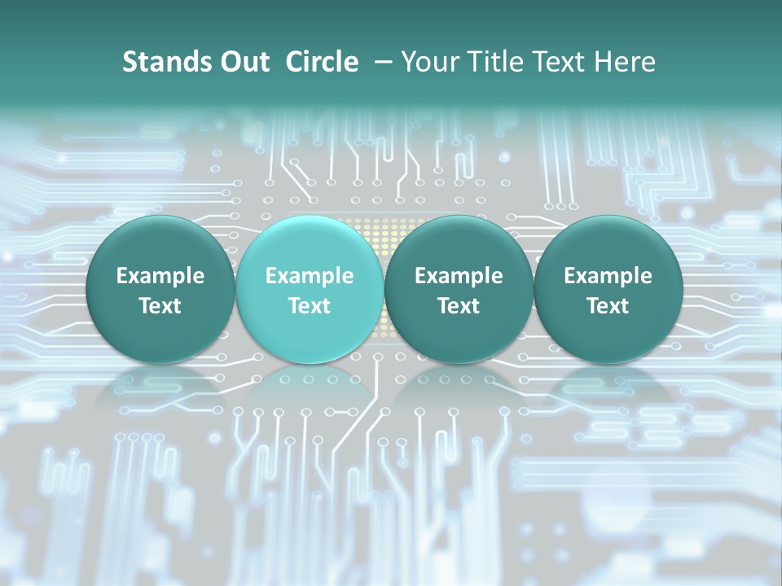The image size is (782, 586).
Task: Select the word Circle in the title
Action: click(322, 62)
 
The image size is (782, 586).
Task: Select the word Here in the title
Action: click(625, 62)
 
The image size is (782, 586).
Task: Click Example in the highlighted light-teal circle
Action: click(310, 276)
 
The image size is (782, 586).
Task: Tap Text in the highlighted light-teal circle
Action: click(310, 306)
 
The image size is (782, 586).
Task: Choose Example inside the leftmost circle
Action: click(160, 276)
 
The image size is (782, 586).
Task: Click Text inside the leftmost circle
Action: click(160, 306)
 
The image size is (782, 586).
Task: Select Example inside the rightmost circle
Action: click(608, 276)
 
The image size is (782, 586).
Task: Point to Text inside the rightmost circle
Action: click(608, 306)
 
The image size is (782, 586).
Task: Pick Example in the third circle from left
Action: click(459, 276)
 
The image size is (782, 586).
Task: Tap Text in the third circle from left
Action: click(459, 306)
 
